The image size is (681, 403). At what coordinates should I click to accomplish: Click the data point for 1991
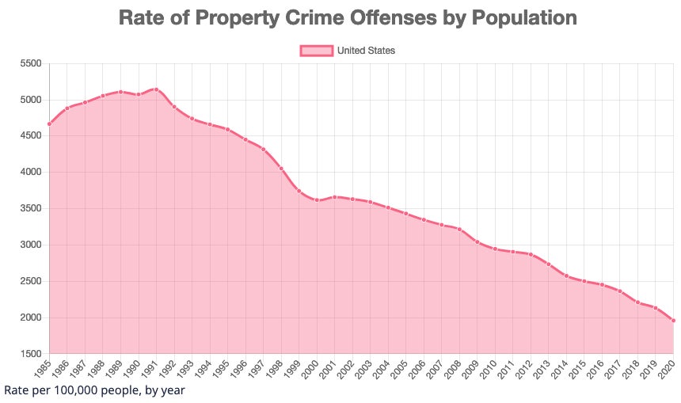click(x=156, y=89)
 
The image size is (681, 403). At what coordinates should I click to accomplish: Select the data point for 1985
click(x=49, y=124)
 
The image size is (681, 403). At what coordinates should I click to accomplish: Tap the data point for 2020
click(x=673, y=320)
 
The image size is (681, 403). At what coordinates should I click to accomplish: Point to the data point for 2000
click(x=317, y=200)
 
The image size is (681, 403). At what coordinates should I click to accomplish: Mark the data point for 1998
click(x=281, y=169)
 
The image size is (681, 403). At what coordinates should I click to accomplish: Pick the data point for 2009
click(x=477, y=241)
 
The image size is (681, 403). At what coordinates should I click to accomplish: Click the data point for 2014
click(x=566, y=276)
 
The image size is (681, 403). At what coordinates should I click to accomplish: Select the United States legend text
click(x=366, y=51)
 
